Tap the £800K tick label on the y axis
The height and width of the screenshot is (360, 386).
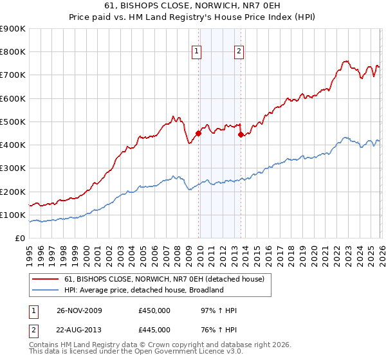click(13, 52)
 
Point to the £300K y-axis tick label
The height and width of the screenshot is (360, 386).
click(13, 168)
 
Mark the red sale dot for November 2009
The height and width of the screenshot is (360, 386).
click(198, 134)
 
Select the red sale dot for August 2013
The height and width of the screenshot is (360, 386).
click(241, 135)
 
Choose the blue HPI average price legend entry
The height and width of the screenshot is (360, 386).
click(143, 290)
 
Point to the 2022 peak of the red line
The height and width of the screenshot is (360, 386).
click(346, 62)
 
